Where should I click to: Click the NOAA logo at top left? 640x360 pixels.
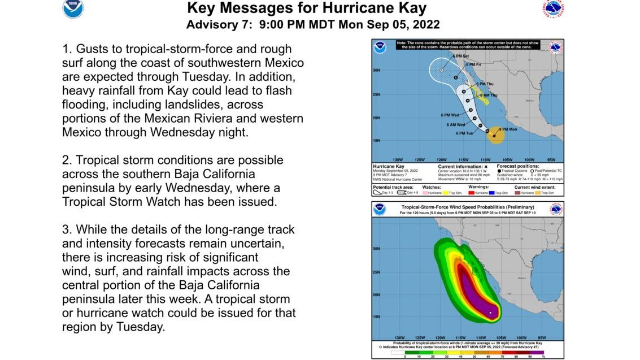click(72, 9)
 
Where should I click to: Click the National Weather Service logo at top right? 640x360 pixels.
click(553, 10)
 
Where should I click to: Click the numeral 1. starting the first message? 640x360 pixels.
click(67, 49)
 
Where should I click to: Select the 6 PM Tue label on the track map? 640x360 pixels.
click(464, 133)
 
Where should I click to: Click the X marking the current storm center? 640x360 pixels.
click(494, 136)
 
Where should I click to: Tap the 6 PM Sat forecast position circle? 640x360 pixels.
click(441, 70)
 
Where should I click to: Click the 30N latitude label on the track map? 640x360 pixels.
click(376, 71)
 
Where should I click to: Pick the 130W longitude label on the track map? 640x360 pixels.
click(397, 159)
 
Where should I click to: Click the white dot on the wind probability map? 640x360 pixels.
click(490, 313)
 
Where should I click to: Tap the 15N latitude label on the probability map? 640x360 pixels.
click(376, 316)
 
